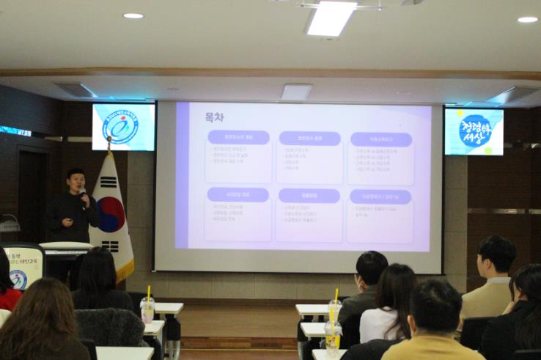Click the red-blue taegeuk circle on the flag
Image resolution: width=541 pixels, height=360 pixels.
[x=110, y=213]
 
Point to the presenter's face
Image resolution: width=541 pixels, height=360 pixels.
[x=75, y=180]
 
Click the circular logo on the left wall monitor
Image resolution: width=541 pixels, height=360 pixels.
[x=121, y=127]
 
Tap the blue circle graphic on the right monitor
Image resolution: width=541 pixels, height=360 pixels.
[x=474, y=131]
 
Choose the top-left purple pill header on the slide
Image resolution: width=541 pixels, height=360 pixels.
[x=238, y=137]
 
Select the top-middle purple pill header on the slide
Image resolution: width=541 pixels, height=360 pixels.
[x=309, y=138]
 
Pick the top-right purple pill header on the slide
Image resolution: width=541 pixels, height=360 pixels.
[x=380, y=139]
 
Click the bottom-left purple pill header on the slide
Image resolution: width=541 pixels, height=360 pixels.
[x=238, y=194]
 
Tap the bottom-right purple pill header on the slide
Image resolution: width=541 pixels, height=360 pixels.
[x=380, y=196]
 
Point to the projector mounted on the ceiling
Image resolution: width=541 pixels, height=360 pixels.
[x=296, y=92]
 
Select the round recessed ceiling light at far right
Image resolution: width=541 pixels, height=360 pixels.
[x=527, y=20]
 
